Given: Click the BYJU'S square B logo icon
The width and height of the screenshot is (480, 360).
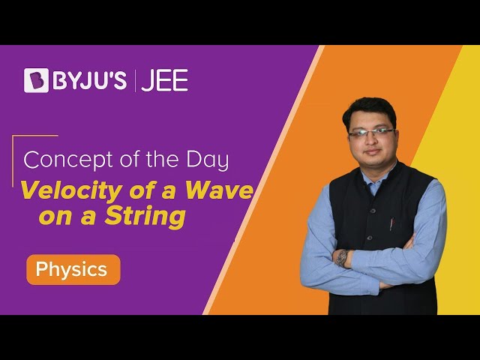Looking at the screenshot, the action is click(x=36, y=80).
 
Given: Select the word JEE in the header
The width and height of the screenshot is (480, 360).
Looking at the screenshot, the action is click(x=164, y=80).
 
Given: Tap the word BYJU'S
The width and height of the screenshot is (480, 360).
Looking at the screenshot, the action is click(x=90, y=80).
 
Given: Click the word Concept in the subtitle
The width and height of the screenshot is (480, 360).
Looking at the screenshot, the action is click(x=68, y=160).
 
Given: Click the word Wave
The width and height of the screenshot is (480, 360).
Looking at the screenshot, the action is click(x=220, y=190).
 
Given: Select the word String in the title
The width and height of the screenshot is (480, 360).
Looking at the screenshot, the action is click(x=145, y=217).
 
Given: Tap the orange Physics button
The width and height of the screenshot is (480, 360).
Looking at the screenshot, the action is click(x=73, y=269).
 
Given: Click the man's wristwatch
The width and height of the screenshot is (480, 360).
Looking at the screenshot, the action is click(x=343, y=258).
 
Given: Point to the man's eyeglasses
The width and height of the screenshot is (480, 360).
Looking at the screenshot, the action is click(x=371, y=133).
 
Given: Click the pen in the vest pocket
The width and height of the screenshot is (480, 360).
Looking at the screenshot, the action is click(x=391, y=223).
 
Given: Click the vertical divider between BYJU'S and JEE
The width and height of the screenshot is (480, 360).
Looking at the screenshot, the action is click(x=135, y=80).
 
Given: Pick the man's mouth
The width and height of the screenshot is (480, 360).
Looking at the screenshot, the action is click(x=372, y=151).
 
